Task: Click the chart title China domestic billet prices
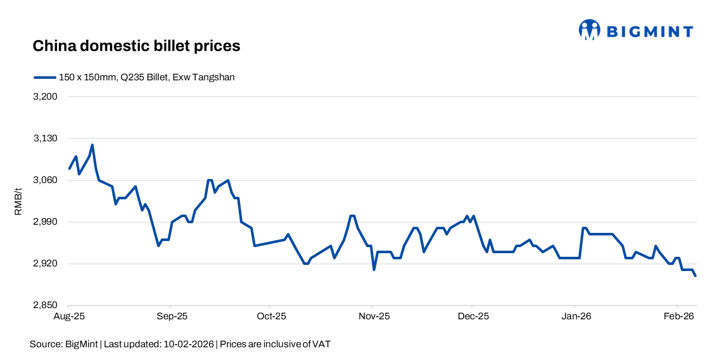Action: tap(136, 46)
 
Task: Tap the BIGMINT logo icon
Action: tap(589, 30)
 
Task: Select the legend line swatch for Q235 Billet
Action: tap(45, 77)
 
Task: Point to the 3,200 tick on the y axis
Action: tap(45, 97)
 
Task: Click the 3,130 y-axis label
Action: tap(45, 138)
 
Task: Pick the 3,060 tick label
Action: tap(45, 180)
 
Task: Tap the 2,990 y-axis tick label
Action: tap(45, 222)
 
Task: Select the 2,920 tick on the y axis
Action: tap(45, 264)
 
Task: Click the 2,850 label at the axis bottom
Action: tap(45, 306)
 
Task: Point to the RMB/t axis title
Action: tap(18, 201)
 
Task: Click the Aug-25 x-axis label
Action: tap(69, 316)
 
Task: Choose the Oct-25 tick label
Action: tap(272, 316)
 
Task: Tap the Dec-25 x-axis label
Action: tap(473, 316)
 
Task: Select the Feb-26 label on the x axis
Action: tap(679, 316)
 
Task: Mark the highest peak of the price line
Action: tap(92, 145)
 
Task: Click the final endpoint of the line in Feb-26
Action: tap(695, 276)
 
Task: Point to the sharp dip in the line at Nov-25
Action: tap(374, 269)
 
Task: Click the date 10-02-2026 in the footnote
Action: tap(189, 344)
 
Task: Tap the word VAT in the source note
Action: tap(321, 344)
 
